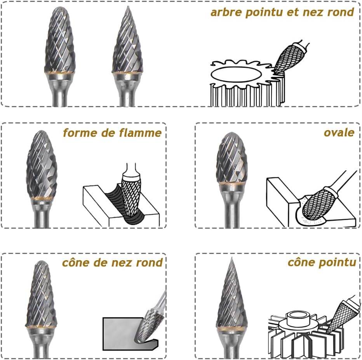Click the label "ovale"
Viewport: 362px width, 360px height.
pos(339,133)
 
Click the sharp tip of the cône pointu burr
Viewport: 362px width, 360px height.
pos(232,258)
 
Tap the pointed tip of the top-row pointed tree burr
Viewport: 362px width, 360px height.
pos(128,7)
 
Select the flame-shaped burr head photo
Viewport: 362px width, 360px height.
pos(42,165)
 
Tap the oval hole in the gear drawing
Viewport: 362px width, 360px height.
pos(236,75)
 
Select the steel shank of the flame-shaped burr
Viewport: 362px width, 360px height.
pos(42,214)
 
